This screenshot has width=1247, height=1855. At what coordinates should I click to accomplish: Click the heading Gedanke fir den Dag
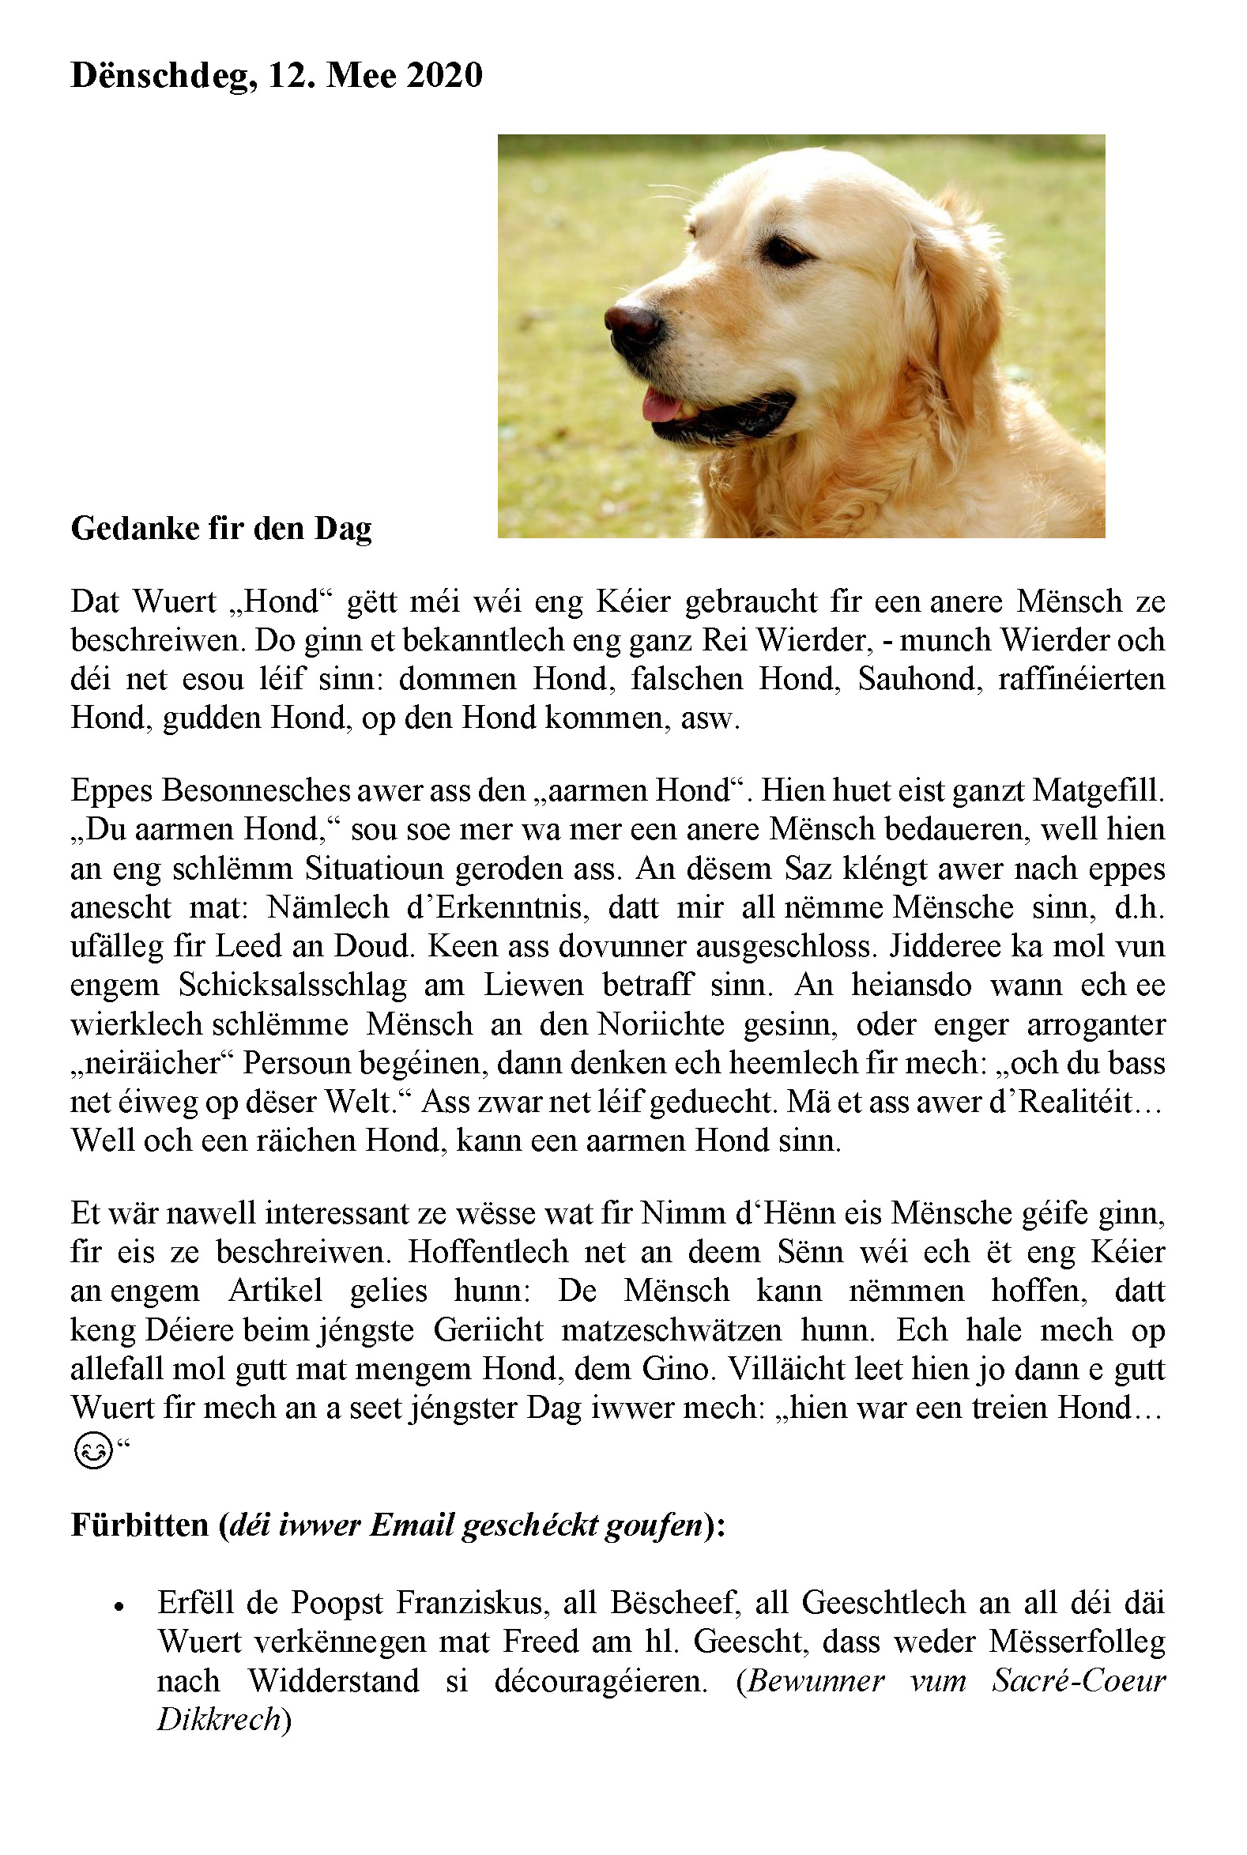pos(221,529)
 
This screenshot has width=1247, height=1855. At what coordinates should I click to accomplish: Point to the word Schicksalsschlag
pos(292,986)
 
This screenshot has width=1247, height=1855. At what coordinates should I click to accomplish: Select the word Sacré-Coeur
pos(1079,1681)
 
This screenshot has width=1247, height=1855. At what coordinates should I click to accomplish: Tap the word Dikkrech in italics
pos(219,1720)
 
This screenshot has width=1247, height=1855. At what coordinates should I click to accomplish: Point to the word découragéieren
pos(600,1681)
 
